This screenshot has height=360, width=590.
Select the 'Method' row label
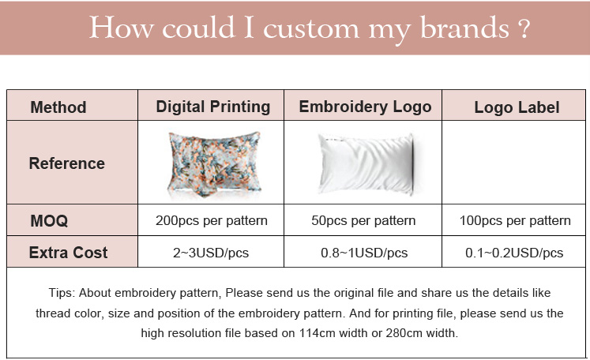58,107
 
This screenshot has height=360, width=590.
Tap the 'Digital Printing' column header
213,107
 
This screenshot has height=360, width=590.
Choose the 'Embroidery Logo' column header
365,107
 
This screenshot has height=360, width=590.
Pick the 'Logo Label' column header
517,107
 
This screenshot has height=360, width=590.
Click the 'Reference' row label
67,163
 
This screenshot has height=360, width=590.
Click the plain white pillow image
366,163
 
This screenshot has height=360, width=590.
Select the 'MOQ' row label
49,221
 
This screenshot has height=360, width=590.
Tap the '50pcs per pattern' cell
364,220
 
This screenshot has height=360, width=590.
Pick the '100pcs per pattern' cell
515,220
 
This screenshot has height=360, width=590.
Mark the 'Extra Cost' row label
69,253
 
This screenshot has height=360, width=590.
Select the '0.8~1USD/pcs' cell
364,253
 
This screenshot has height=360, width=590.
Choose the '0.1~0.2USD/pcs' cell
515,253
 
